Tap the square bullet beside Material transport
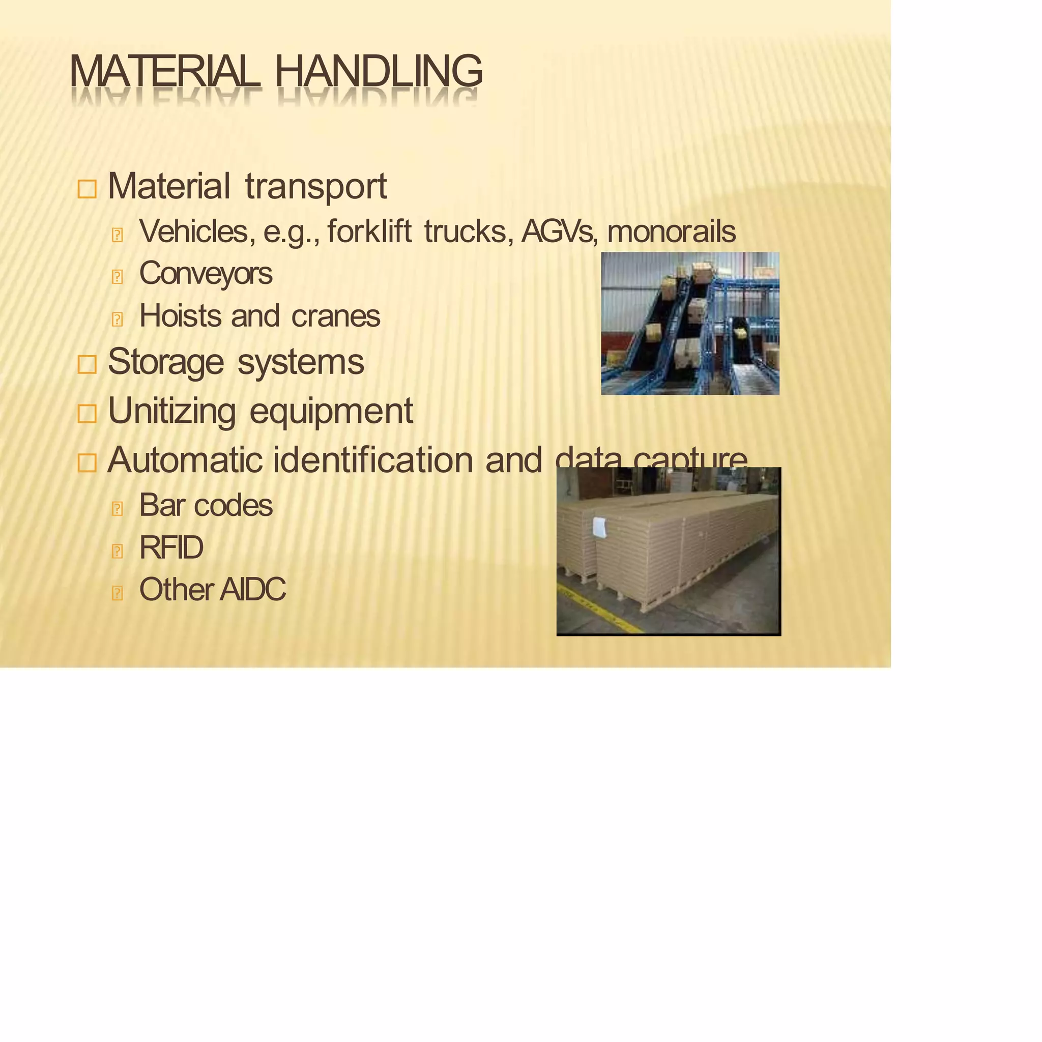click(x=87, y=189)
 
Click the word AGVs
click(x=559, y=231)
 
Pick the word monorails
click(x=671, y=231)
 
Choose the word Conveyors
click(x=206, y=273)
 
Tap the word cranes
click(x=335, y=316)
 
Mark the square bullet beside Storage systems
click(x=87, y=365)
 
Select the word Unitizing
click(x=171, y=412)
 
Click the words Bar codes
click(x=206, y=505)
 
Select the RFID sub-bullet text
click(x=171, y=547)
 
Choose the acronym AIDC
click(x=252, y=590)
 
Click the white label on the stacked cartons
click(x=599, y=527)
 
